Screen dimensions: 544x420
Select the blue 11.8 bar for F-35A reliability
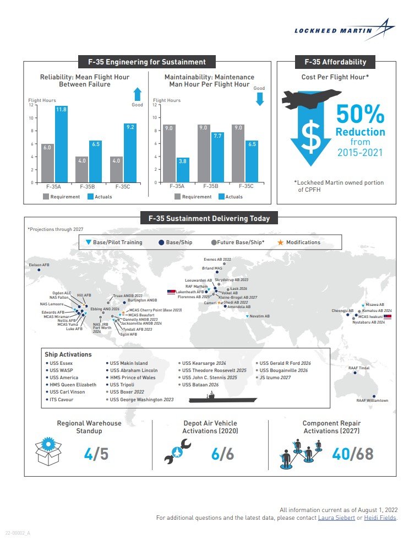point(61,146)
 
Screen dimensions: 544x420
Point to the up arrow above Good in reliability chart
point(138,94)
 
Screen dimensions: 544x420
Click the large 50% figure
point(360,115)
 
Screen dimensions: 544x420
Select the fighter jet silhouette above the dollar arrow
point(306,99)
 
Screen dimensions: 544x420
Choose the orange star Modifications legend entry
point(300,243)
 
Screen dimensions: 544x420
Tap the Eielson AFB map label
point(39,265)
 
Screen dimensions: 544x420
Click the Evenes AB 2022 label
point(217,258)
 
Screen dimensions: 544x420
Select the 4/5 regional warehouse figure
point(96,454)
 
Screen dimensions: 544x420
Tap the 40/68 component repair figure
point(352,454)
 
